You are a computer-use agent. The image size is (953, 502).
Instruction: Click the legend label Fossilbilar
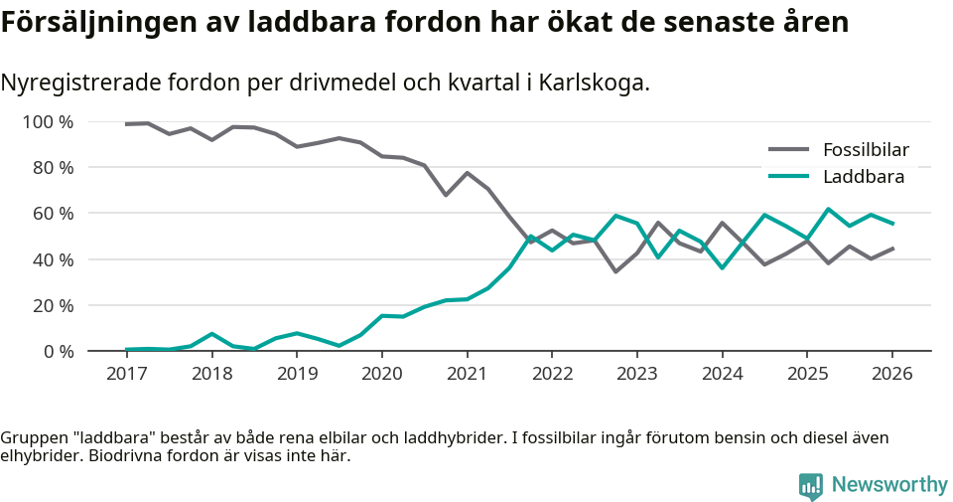[x=866, y=150]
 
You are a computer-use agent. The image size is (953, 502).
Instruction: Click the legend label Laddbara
[x=863, y=177]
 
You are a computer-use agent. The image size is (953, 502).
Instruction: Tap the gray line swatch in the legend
[x=789, y=150]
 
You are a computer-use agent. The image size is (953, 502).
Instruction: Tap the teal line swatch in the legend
[x=789, y=177]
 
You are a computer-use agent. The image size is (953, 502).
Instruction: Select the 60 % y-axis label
[x=53, y=214]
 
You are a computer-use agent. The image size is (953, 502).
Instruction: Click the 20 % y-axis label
[x=53, y=305]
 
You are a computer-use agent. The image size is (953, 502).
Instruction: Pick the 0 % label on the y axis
[x=58, y=351]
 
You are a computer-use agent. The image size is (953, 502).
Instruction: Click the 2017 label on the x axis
[x=126, y=374]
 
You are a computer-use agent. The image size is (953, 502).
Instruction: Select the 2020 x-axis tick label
[x=381, y=374]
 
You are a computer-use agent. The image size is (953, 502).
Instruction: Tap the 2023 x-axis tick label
[x=636, y=374]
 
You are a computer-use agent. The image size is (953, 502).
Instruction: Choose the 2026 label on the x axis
[x=891, y=374]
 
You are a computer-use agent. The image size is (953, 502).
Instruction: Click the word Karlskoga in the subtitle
[x=592, y=83]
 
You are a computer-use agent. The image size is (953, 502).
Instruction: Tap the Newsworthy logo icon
[x=810, y=485]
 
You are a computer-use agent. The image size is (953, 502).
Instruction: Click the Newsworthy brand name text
[x=889, y=485]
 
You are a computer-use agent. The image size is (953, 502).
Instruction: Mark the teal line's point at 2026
[x=891, y=224]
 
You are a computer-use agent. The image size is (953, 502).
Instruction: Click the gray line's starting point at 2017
[x=126, y=124]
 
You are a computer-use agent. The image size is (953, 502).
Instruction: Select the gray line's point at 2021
[x=467, y=173]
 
